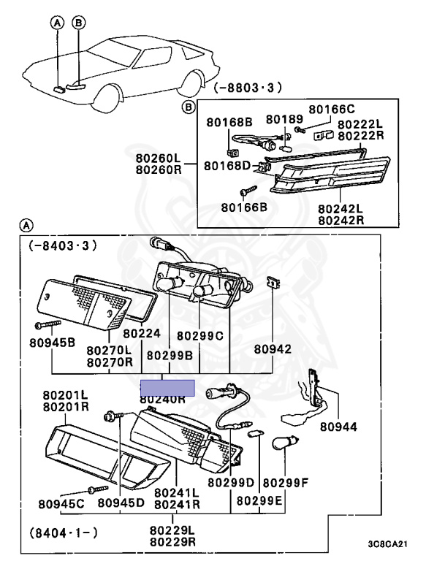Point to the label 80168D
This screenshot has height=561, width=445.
point(228,166)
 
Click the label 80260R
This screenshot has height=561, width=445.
point(158,169)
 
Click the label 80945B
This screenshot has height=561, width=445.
point(53,341)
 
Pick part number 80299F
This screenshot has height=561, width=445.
point(286,482)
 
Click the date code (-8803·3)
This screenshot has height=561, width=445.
point(248,89)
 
